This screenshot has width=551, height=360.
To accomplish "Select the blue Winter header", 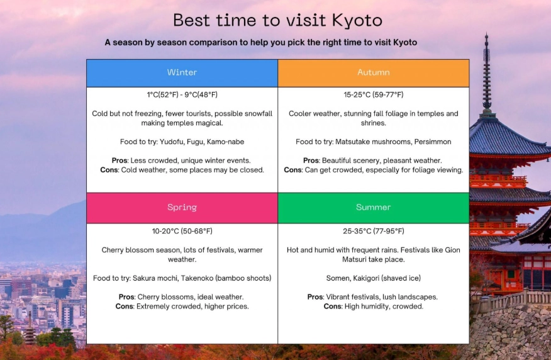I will coord(182,72).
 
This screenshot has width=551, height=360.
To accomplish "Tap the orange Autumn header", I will coord(374,72).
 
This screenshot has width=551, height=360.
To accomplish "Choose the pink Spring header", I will coord(182,207).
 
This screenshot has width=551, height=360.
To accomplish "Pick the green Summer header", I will coord(374,207).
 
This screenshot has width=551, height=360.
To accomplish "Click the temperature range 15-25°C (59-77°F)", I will coord(374,95).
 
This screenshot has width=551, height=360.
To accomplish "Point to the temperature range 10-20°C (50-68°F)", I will coord(182,231).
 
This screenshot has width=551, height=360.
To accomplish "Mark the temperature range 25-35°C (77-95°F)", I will coord(374,231).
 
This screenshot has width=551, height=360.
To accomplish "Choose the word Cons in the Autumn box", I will coord(293,170).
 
